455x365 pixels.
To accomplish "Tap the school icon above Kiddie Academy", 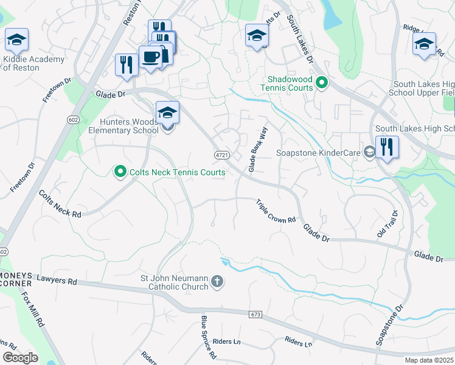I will coord(17,41).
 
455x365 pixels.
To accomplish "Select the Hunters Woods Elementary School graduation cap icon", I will coord(167,113).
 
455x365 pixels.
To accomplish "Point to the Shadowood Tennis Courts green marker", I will coord(322,83).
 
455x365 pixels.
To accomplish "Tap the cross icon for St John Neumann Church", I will coord(218,282).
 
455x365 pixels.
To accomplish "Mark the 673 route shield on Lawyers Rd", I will coord(256,314).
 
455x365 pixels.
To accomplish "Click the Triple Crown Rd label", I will coord(276,211).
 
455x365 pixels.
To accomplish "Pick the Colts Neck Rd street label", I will coord(60,204).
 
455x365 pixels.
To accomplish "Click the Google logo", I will coord(20,358).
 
